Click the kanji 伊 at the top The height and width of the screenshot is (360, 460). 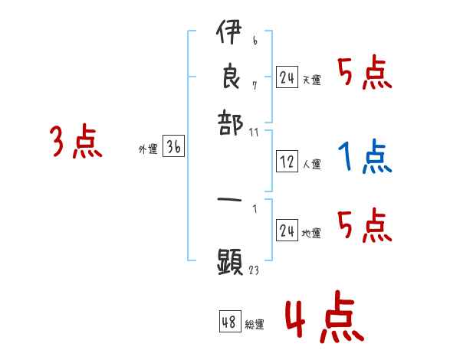(x=229, y=34)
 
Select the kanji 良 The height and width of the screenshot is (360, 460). (x=229, y=77)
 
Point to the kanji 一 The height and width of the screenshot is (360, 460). (x=229, y=200)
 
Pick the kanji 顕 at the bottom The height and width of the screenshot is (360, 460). (x=229, y=263)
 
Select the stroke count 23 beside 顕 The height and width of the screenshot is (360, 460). (x=255, y=270)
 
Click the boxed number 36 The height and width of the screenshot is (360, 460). (x=173, y=149)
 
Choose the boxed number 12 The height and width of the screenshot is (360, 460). (x=287, y=162)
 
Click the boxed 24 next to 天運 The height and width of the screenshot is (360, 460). (x=287, y=77)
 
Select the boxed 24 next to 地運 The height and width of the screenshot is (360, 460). (x=287, y=231)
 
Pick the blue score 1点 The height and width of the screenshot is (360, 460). (x=364, y=156)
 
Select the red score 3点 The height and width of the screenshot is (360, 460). (x=75, y=142)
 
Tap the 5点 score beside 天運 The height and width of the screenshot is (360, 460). (x=364, y=74)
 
